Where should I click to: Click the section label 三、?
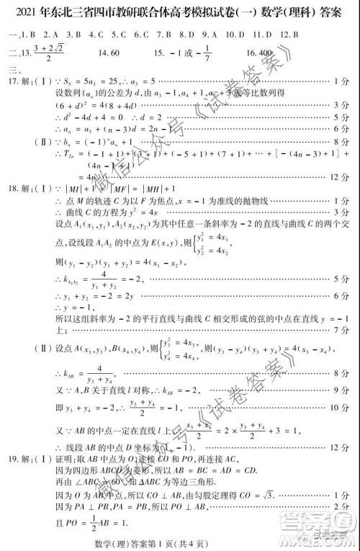click(12, 71)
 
